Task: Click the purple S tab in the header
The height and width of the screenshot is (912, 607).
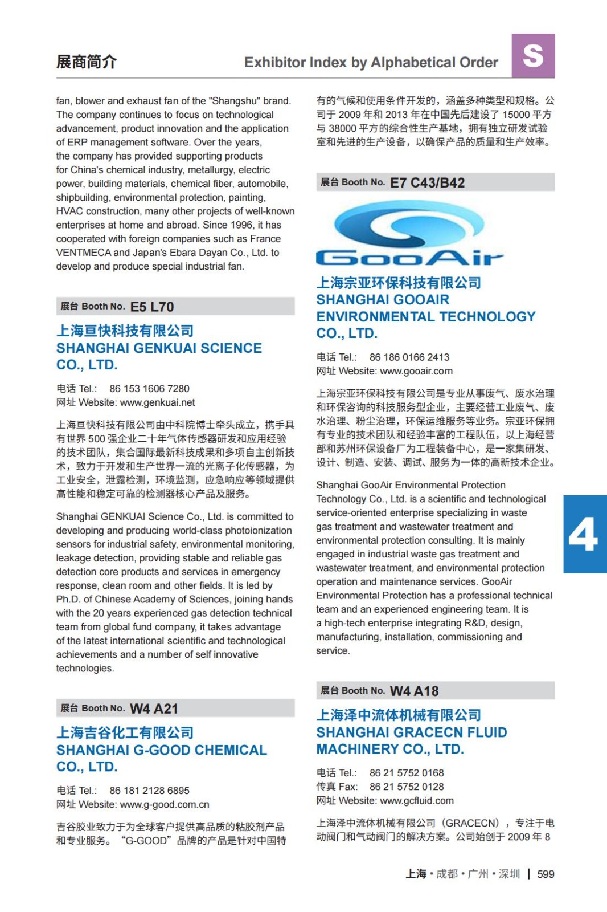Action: click(533, 56)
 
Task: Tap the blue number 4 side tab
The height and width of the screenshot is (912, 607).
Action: click(584, 534)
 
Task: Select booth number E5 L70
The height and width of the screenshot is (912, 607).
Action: click(152, 307)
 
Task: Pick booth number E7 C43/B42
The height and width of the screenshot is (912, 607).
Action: click(427, 182)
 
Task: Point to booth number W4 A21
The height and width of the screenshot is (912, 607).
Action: click(154, 709)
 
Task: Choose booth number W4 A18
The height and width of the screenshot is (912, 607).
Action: click(414, 691)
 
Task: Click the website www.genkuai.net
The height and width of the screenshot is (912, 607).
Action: click(158, 402)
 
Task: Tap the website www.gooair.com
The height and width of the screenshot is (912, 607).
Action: click(416, 371)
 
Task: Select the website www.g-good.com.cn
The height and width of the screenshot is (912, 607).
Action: click(165, 804)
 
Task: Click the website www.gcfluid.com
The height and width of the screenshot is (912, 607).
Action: click(417, 800)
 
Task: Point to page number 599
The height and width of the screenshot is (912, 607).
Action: click(546, 874)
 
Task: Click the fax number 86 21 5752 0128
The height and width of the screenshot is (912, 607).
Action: click(407, 787)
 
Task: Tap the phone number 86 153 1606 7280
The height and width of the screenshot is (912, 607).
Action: click(149, 389)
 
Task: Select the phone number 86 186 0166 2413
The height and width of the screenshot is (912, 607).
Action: click(409, 357)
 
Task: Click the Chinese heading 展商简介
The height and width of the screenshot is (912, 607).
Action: click(87, 62)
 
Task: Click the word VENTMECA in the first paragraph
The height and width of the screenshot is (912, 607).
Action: click(83, 253)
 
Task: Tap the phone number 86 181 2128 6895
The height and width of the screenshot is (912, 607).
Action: click(149, 791)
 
